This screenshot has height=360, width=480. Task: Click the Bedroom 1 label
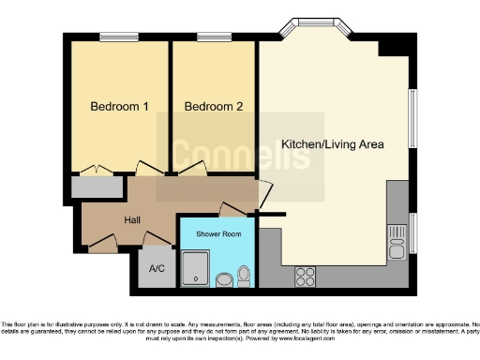point(119,107)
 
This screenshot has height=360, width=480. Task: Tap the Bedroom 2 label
point(214,107)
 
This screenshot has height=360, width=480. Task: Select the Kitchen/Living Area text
point(333,144)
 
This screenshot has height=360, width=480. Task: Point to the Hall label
point(133,220)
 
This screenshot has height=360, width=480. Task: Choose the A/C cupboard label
point(156,268)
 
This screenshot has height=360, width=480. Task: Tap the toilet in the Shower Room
point(245,274)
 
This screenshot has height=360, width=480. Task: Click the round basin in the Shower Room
point(225,278)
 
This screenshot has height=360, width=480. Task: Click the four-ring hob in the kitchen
point(306,277)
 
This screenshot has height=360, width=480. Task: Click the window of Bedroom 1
point(118,38)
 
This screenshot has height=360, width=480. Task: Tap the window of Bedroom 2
point(214,38)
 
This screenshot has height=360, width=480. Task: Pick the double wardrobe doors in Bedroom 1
point(97,171)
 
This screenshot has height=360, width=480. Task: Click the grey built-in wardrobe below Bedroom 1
point(97,187)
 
